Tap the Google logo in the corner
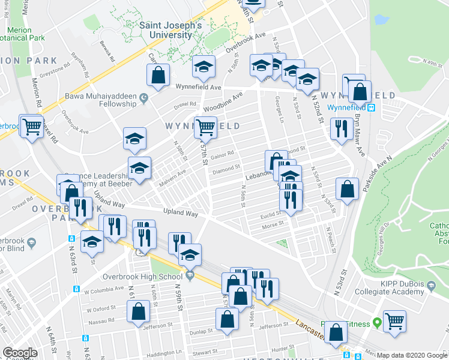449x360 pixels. click(20, 353)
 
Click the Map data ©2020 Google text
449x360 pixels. click(412, 355)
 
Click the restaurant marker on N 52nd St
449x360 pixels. click(341, 128)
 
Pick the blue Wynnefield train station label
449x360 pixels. click(351, 108)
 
